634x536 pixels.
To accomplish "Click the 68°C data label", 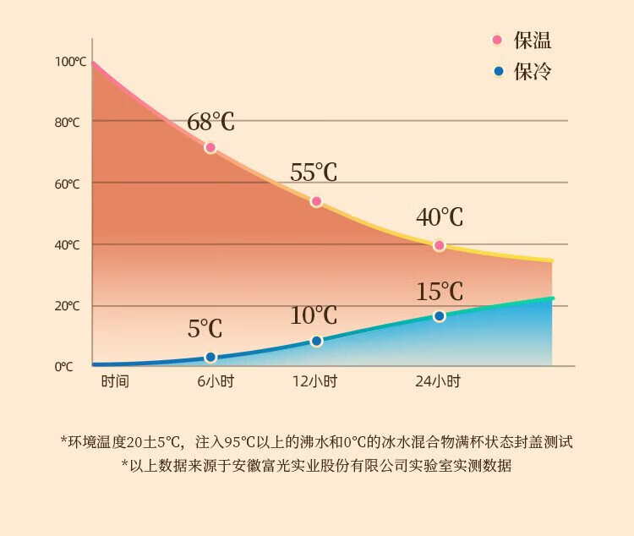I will click(x=210, y=122).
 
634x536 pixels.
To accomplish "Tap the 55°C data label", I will click(x=314, y=172).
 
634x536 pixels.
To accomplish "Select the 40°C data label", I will click(x=440, y=217).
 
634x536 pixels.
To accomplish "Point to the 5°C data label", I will click(x=205, y=329).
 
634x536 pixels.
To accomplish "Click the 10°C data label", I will click(x=314, y=316).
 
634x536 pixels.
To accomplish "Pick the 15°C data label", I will click(x=440, y=292).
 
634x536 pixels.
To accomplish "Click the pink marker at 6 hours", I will click(x=210, y=148).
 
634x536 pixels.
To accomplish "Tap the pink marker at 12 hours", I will click(x=316, y=201).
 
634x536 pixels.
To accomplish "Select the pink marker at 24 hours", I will click(x=439, y=245).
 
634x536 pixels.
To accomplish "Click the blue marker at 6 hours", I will click(x=210, y=358).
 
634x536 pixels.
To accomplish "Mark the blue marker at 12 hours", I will click(x=316, y=341).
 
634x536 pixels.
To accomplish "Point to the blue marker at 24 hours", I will click(x=439, y=316).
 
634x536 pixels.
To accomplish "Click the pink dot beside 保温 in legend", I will click(x=497, y=40).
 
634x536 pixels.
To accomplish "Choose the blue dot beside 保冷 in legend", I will click(x=497, y=71).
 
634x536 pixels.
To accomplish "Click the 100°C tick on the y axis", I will click(x=70, y=62).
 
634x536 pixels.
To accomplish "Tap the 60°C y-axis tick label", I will click(x=68, y=184).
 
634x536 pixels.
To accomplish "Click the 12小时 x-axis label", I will click(x=314, y=381).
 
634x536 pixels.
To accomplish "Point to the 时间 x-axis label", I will click(x=115, y=381).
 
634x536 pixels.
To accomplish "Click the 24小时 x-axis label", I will click(x=438, y=381).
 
